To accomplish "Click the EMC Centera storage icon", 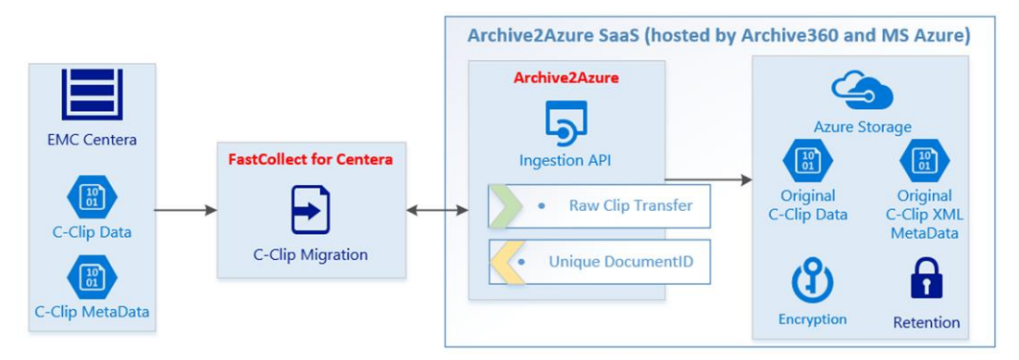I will point(91,94).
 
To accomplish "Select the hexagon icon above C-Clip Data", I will point(91,196).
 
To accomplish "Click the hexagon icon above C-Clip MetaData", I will point(91,277).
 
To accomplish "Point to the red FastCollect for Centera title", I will point(310,159).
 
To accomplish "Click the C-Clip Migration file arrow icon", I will point(311,209).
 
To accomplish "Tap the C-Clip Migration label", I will point(311,254).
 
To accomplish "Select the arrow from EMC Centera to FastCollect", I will point(185,210).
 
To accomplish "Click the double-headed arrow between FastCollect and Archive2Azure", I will point(437,210).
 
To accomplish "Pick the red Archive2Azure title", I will point(565,78).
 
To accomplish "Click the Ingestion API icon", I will point(565,121).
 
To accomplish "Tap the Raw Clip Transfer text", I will point(629,205).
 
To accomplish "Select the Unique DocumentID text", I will point(620,262).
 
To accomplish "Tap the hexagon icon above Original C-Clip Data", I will point(807,161).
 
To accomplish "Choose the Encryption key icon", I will point(812,281).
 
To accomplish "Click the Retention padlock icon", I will point(926,278).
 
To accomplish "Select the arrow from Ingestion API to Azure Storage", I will point(708,179).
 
